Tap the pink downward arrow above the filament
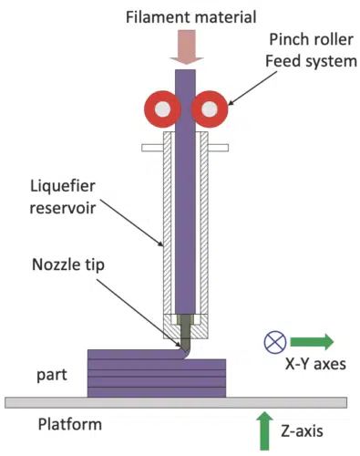[x=185, y=50]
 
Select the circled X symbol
[x=275, y=342]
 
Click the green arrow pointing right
[x=313, y=342]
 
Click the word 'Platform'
[x=70, y=424]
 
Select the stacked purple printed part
[x=157, y=374]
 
